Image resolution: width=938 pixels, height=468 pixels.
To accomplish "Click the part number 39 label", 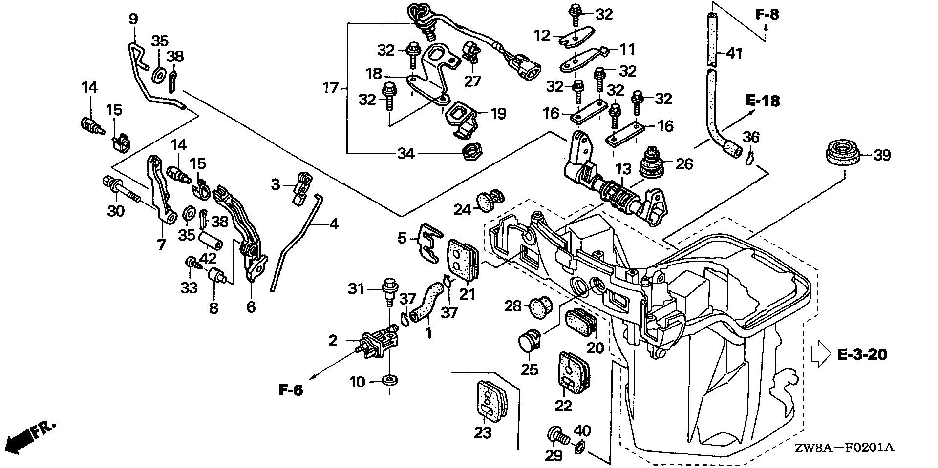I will (881, 155).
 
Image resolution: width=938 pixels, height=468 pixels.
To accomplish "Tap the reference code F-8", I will (767, 15).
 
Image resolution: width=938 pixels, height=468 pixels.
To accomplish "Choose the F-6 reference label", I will (292, 390).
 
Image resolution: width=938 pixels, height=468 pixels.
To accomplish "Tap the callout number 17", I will (331, 88).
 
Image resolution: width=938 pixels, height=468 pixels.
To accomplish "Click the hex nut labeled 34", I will (469, 154).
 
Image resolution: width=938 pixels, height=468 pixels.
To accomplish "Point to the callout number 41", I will (734, 52).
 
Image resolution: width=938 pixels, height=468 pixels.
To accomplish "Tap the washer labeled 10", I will (390, 380).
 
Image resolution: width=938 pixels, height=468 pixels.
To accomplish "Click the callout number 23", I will (483, 432).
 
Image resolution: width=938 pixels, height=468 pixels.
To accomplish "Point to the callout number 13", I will (623, 170).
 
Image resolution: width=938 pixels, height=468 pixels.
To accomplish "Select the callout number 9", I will (133, 19).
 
